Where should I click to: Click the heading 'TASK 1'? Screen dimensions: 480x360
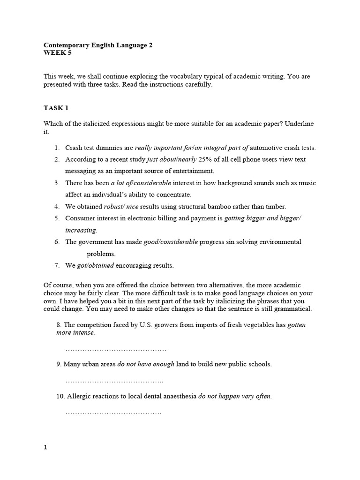pos(56,108)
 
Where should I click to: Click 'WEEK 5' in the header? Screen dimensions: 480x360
pos(58,53)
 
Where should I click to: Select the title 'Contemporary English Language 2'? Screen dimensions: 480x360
pos(98,45)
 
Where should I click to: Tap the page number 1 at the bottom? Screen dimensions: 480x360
pos(45,447)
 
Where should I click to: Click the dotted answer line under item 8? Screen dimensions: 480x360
pos(116,350)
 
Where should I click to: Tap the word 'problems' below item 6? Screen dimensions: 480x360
pos(101,254)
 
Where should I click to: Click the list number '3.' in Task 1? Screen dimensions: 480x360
pos(57,182)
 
